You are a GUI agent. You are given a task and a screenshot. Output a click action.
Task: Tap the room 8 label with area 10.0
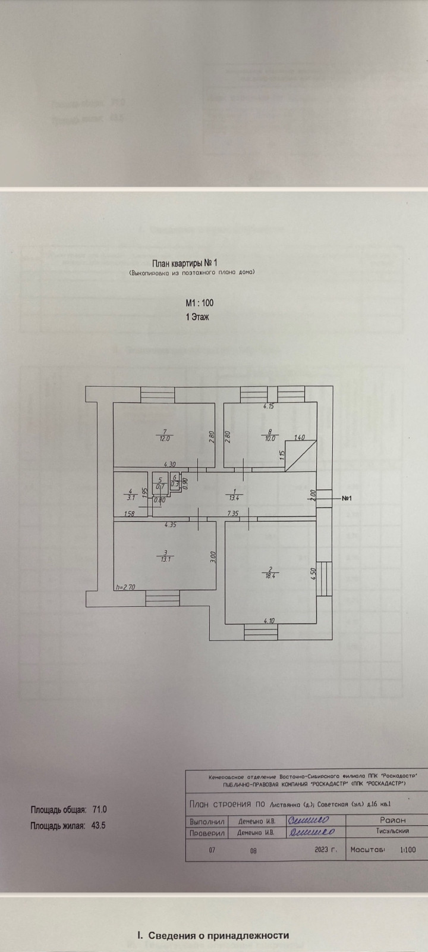[x=270, y=435]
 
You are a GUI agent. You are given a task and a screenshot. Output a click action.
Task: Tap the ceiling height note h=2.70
[x=125, y=587]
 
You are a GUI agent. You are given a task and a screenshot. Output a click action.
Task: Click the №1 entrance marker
[x=348, y=498]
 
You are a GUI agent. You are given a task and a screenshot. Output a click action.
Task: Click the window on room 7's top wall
[x=158, y=394]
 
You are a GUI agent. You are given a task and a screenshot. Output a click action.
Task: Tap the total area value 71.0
[x=100, y=810]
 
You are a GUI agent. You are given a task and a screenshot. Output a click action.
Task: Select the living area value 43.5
[x=99, y=826]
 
